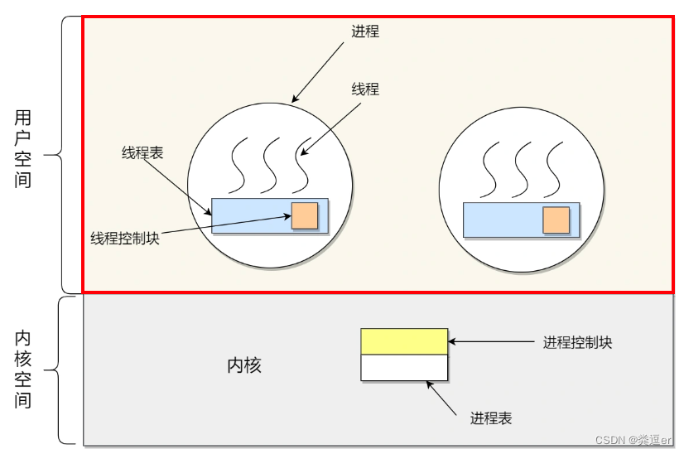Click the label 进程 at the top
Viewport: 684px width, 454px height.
[x=365, y=31]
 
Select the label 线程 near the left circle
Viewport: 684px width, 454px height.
[x=365, y=89]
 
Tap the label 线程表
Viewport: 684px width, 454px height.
[x=142, y=152]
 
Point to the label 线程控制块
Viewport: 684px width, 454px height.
[x=124, y=238]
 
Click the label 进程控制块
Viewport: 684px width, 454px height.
[x=577, y=341]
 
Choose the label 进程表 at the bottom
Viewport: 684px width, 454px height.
[x=491, y=418]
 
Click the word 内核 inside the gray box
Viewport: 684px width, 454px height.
[x=244, y=365]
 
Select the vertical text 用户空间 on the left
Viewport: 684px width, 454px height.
[x=23, y=148]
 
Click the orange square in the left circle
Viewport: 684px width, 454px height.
[x=304, y=215]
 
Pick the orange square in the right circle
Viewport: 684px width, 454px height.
[x=556, y=220]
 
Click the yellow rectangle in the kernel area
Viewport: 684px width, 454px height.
[x=404, y=341]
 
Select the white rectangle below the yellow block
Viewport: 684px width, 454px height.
[x=404, y=367]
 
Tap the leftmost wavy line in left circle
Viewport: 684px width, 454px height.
[x=240, y=164]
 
